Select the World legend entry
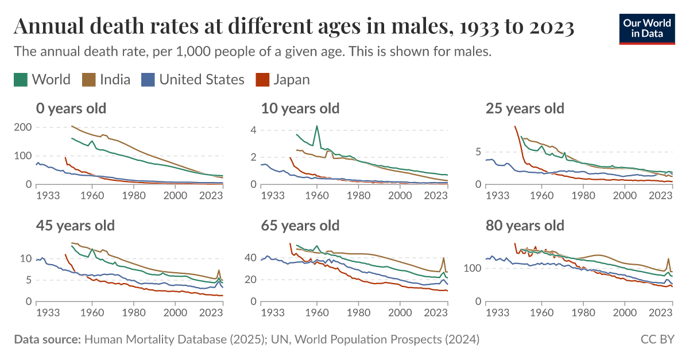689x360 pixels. [42, 79]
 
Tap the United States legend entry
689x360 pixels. [193, 79]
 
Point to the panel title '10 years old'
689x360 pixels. [300, 108]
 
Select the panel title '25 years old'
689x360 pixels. [525, 108]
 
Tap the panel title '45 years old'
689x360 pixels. [75, 225]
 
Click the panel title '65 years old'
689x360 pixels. [300, 225]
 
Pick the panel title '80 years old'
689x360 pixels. [525, 225]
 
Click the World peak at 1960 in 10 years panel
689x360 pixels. [316, 126]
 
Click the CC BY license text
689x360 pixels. [657, 340]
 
